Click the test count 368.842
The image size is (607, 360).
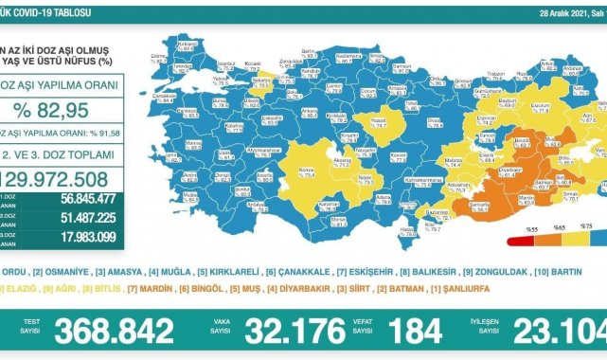[115, 331]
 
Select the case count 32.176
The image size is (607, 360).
[295, 331]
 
